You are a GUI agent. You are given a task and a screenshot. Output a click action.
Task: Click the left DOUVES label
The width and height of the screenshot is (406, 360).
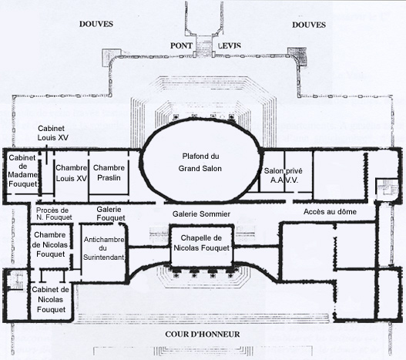point(96,24)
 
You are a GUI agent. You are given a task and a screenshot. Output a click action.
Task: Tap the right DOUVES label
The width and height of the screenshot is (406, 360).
point(309,25)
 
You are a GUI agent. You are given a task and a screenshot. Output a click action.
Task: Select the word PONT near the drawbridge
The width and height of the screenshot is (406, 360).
point(181,45)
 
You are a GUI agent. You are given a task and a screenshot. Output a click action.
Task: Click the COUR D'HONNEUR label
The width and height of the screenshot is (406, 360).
point(203,334)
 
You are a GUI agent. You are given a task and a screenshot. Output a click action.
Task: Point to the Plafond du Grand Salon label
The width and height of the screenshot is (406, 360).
point(200,163)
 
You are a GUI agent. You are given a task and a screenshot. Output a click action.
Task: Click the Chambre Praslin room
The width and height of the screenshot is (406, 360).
point(109,173)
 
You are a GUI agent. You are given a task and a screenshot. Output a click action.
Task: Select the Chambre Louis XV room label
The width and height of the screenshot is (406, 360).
point(71,173)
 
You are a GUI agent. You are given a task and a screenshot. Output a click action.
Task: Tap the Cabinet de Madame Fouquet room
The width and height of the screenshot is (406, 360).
point(22,171)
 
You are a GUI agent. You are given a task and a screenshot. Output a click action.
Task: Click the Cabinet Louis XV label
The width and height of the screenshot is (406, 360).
point(53,133)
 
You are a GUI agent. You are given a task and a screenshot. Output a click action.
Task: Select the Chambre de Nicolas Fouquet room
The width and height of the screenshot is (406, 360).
point(50,245)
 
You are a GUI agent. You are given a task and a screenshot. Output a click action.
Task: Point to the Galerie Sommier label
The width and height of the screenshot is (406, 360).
point(201,214)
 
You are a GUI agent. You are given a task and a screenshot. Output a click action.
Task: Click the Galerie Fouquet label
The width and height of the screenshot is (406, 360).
point(111,214)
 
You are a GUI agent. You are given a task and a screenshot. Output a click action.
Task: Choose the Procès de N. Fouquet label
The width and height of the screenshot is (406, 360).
point(54,214)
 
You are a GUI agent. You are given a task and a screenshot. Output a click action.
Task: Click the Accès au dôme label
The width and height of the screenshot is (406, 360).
point(330,212)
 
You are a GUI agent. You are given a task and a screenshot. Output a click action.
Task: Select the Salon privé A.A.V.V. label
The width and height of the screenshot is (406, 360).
point(284,175)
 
